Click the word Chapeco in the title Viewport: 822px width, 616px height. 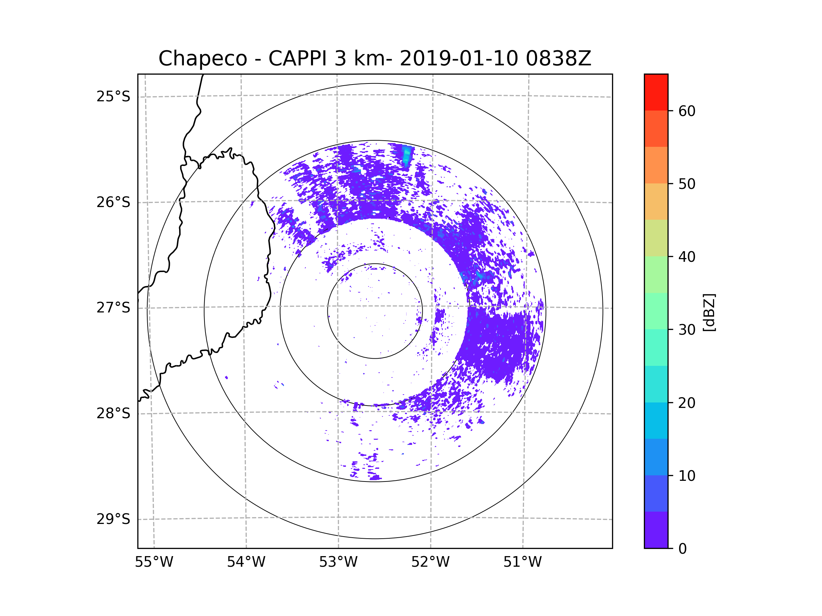click(x=202, y=59)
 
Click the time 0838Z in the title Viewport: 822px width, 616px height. click(x=558, y=59)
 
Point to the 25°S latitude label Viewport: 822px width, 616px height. click(x=113, y=97)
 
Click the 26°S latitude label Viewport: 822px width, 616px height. click(x=113, y=202)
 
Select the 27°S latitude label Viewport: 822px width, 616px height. click(x=113, y=308)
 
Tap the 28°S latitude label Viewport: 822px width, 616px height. click(x=113, y=413)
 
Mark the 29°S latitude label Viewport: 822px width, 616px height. click(x=113, y=519)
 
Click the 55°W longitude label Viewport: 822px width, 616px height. click(x=154, y=562)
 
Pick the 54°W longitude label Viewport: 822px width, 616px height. click(x=246, y=562)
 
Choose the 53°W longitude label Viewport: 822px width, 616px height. click(x=338, y=562)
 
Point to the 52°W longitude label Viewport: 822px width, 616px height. click(x=430, y=562)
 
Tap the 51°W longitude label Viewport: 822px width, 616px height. click(x=522, y=562)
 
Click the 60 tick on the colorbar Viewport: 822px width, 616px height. click(x=687, y=111)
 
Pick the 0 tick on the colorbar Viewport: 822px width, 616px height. click(x=683, y=549)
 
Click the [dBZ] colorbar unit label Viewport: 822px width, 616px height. click(x=709, y=313)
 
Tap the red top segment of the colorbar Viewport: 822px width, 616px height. click(x=656, y=92)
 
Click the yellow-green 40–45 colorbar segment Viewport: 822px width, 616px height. click(x=656, y=238)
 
